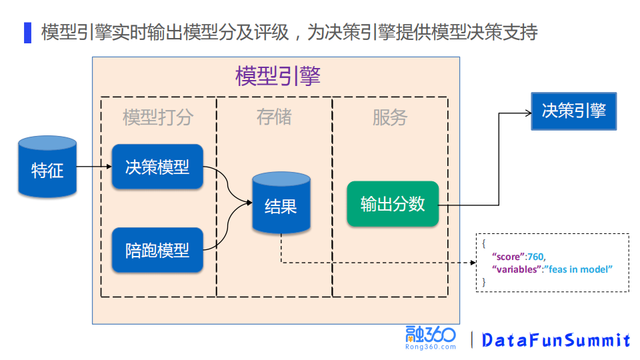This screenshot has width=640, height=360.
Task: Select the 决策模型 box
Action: coord(157,167)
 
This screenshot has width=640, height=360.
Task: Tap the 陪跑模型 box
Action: coord(157,250)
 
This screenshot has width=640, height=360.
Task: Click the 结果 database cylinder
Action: coord(281,203)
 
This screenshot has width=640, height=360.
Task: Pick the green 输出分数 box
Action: coord(393,203)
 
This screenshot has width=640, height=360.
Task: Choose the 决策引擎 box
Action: coord(573,111)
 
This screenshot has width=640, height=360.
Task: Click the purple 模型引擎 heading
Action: coord(277,76)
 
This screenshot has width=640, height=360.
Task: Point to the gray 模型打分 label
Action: coord(158,118)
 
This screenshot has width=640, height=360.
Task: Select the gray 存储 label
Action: coord(274,117)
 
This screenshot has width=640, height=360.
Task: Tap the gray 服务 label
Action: coord(389,118)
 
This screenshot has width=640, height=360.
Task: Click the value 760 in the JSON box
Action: coord(536,256)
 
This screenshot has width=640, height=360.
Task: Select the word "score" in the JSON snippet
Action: coord(507,256)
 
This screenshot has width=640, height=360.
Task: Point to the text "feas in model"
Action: coord(579,268)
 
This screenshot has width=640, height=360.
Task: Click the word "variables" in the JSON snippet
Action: coord(515,268)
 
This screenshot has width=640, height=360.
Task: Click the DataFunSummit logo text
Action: coord(555,340)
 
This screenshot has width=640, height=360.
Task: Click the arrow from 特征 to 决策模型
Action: coord(93,167)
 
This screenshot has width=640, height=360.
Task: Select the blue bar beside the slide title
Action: coord(27,32)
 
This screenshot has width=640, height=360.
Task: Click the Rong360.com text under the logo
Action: coord(430,347)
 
